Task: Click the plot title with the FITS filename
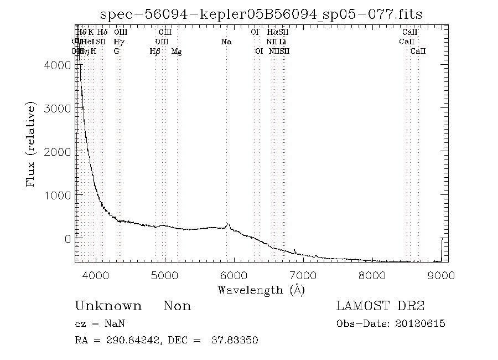click(261, 14)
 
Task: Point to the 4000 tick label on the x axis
click(96, 275)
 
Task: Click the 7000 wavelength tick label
click(303, 275)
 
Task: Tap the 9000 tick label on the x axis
click(440, 275)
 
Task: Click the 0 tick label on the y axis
click(67, 238)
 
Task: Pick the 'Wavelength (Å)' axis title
click(261, 290)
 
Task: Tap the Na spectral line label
click(226, 42)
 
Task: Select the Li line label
click(283, 42)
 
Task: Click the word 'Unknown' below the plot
click(108, 306)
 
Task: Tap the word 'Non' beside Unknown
click(177, 306)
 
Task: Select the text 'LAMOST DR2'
click(380, 306)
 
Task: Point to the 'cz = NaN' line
click(96, 324)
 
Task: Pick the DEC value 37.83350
click(235, 340)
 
